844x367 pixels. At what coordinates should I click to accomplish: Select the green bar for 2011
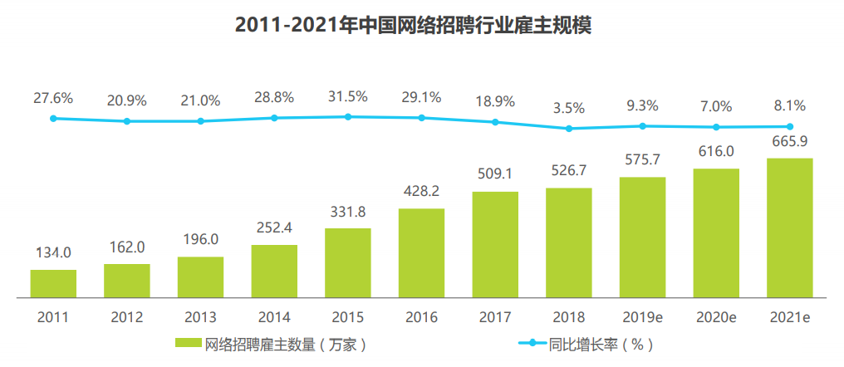click(53, 283)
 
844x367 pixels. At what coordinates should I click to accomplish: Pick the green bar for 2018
click(568, 242)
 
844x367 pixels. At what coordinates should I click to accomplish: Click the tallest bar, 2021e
click(789, 228)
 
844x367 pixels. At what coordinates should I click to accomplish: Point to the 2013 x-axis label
click(200, 317)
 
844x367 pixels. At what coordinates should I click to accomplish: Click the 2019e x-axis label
click(642, 317)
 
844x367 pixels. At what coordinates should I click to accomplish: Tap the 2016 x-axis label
click(421, 317)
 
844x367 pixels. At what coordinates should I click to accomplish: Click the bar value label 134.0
click(53, 252)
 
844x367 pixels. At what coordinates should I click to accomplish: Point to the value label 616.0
click(715, 151)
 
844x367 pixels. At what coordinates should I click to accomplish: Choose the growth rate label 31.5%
click(347, 96)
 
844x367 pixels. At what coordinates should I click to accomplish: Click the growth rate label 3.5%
click(568, 108)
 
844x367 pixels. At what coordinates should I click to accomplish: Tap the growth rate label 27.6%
click(53, 98)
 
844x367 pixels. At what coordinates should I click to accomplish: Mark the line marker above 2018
click(569, 129)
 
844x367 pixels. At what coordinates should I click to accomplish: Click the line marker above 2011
click(53, 119)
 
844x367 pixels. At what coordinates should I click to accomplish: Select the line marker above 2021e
click(789, 127)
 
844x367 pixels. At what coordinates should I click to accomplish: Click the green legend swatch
click(188, 343)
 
